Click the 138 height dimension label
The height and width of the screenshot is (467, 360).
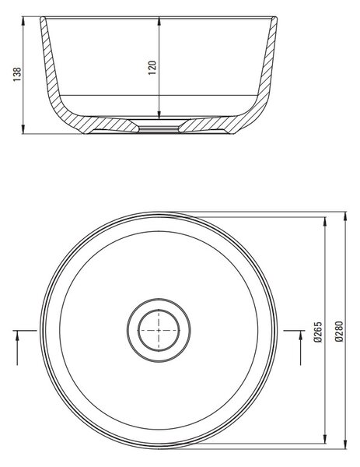coord(17,75)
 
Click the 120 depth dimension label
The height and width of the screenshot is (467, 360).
coord(152,68)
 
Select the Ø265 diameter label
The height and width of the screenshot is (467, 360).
coord(318,332)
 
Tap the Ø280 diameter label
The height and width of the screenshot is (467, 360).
coord(339,332)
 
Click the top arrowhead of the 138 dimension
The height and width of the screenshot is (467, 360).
coord(23,21)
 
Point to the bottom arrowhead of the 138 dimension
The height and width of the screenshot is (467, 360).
coord(23,129)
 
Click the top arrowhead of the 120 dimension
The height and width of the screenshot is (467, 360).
coord(159,21)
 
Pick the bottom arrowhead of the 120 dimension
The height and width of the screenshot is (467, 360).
coord(159,114)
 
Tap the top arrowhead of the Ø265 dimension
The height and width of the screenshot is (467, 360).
coord(324,222)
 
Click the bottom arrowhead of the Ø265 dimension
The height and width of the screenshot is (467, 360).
coord(324,439)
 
